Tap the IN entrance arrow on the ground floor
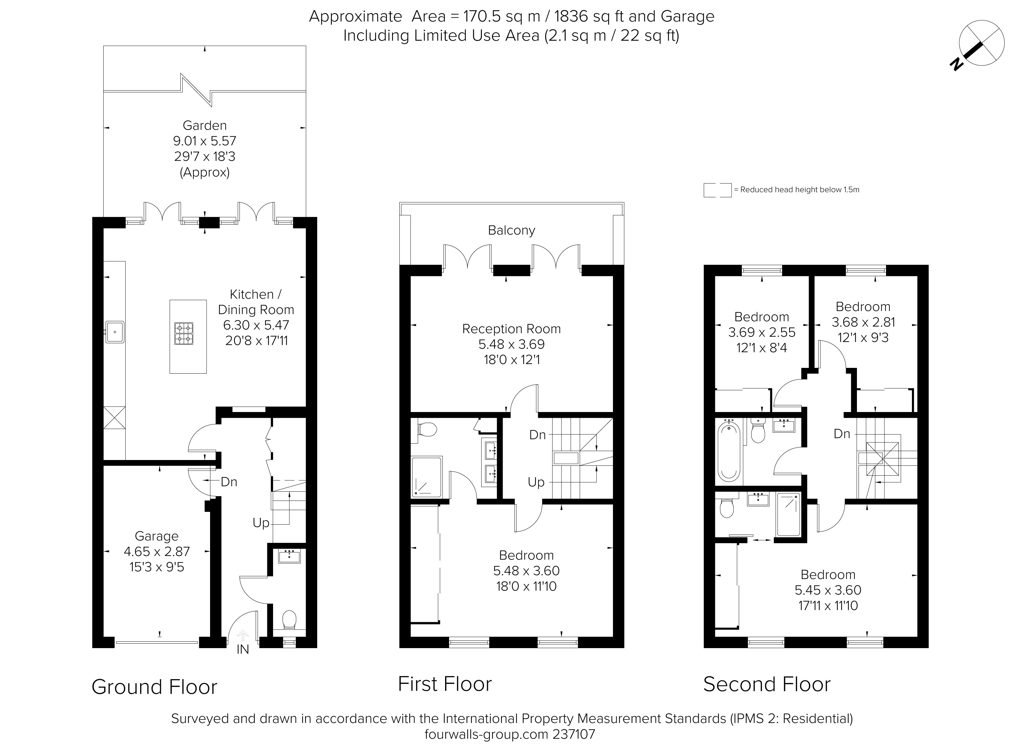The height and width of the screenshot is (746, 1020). click(243, 635)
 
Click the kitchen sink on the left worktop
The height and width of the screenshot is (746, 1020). click(115, 332)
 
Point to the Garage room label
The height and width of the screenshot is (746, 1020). click(157, 536)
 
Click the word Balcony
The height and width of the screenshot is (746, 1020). click(511, 230)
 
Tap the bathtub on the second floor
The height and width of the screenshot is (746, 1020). click(728, 450)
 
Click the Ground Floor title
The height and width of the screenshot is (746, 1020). click(154, 687)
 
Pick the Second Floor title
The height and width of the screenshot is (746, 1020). click(767, 684)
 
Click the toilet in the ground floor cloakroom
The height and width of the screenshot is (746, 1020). click(288, 620)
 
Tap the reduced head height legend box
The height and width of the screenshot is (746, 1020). click(717, 190)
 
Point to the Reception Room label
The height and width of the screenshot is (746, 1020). click(511, 329)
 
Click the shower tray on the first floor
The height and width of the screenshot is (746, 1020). click(427, 477)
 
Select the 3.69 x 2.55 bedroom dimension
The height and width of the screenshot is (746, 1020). click(762, 332)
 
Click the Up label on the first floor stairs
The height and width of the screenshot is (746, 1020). click(536, 483)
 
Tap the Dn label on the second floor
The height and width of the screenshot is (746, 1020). click(842, 434)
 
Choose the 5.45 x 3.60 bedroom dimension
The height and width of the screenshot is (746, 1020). click(828, 590)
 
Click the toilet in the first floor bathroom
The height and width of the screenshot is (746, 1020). click(427, 429)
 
